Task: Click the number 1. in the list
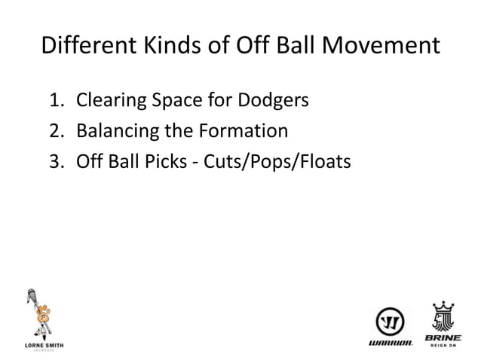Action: coord(59,100)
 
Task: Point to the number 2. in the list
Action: coord(59,131)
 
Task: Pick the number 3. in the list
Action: coord(59,162)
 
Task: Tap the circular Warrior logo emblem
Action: coord(390,322)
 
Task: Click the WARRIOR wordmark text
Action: coord(390,343)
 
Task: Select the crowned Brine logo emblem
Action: coord(443,317)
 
